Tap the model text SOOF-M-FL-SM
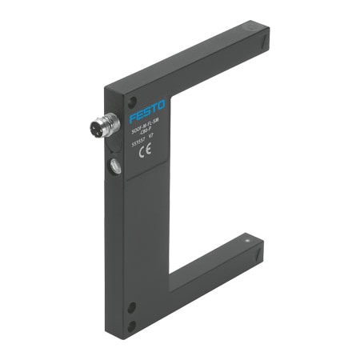(146, 126)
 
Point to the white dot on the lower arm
(249, 239)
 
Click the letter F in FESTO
(133, 111)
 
